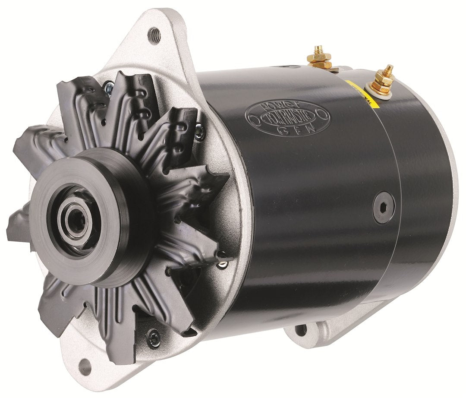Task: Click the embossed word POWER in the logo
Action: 287,106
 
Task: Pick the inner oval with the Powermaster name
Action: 288,117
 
